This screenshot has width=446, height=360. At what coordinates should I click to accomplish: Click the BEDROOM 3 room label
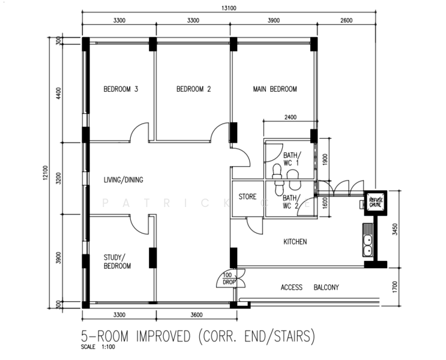121,89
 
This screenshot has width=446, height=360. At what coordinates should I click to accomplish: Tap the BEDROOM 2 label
193,89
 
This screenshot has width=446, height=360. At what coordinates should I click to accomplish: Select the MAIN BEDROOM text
275,89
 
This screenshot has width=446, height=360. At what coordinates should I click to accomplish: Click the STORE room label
248,197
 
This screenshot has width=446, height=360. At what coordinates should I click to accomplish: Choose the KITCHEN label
295,242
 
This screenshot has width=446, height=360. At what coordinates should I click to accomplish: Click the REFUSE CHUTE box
376,202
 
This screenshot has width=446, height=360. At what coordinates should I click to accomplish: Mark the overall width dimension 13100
228,8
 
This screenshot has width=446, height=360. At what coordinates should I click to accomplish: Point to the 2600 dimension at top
346,20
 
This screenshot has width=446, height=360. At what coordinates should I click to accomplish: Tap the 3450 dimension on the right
395,230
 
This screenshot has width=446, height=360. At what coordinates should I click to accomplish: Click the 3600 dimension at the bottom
194,313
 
